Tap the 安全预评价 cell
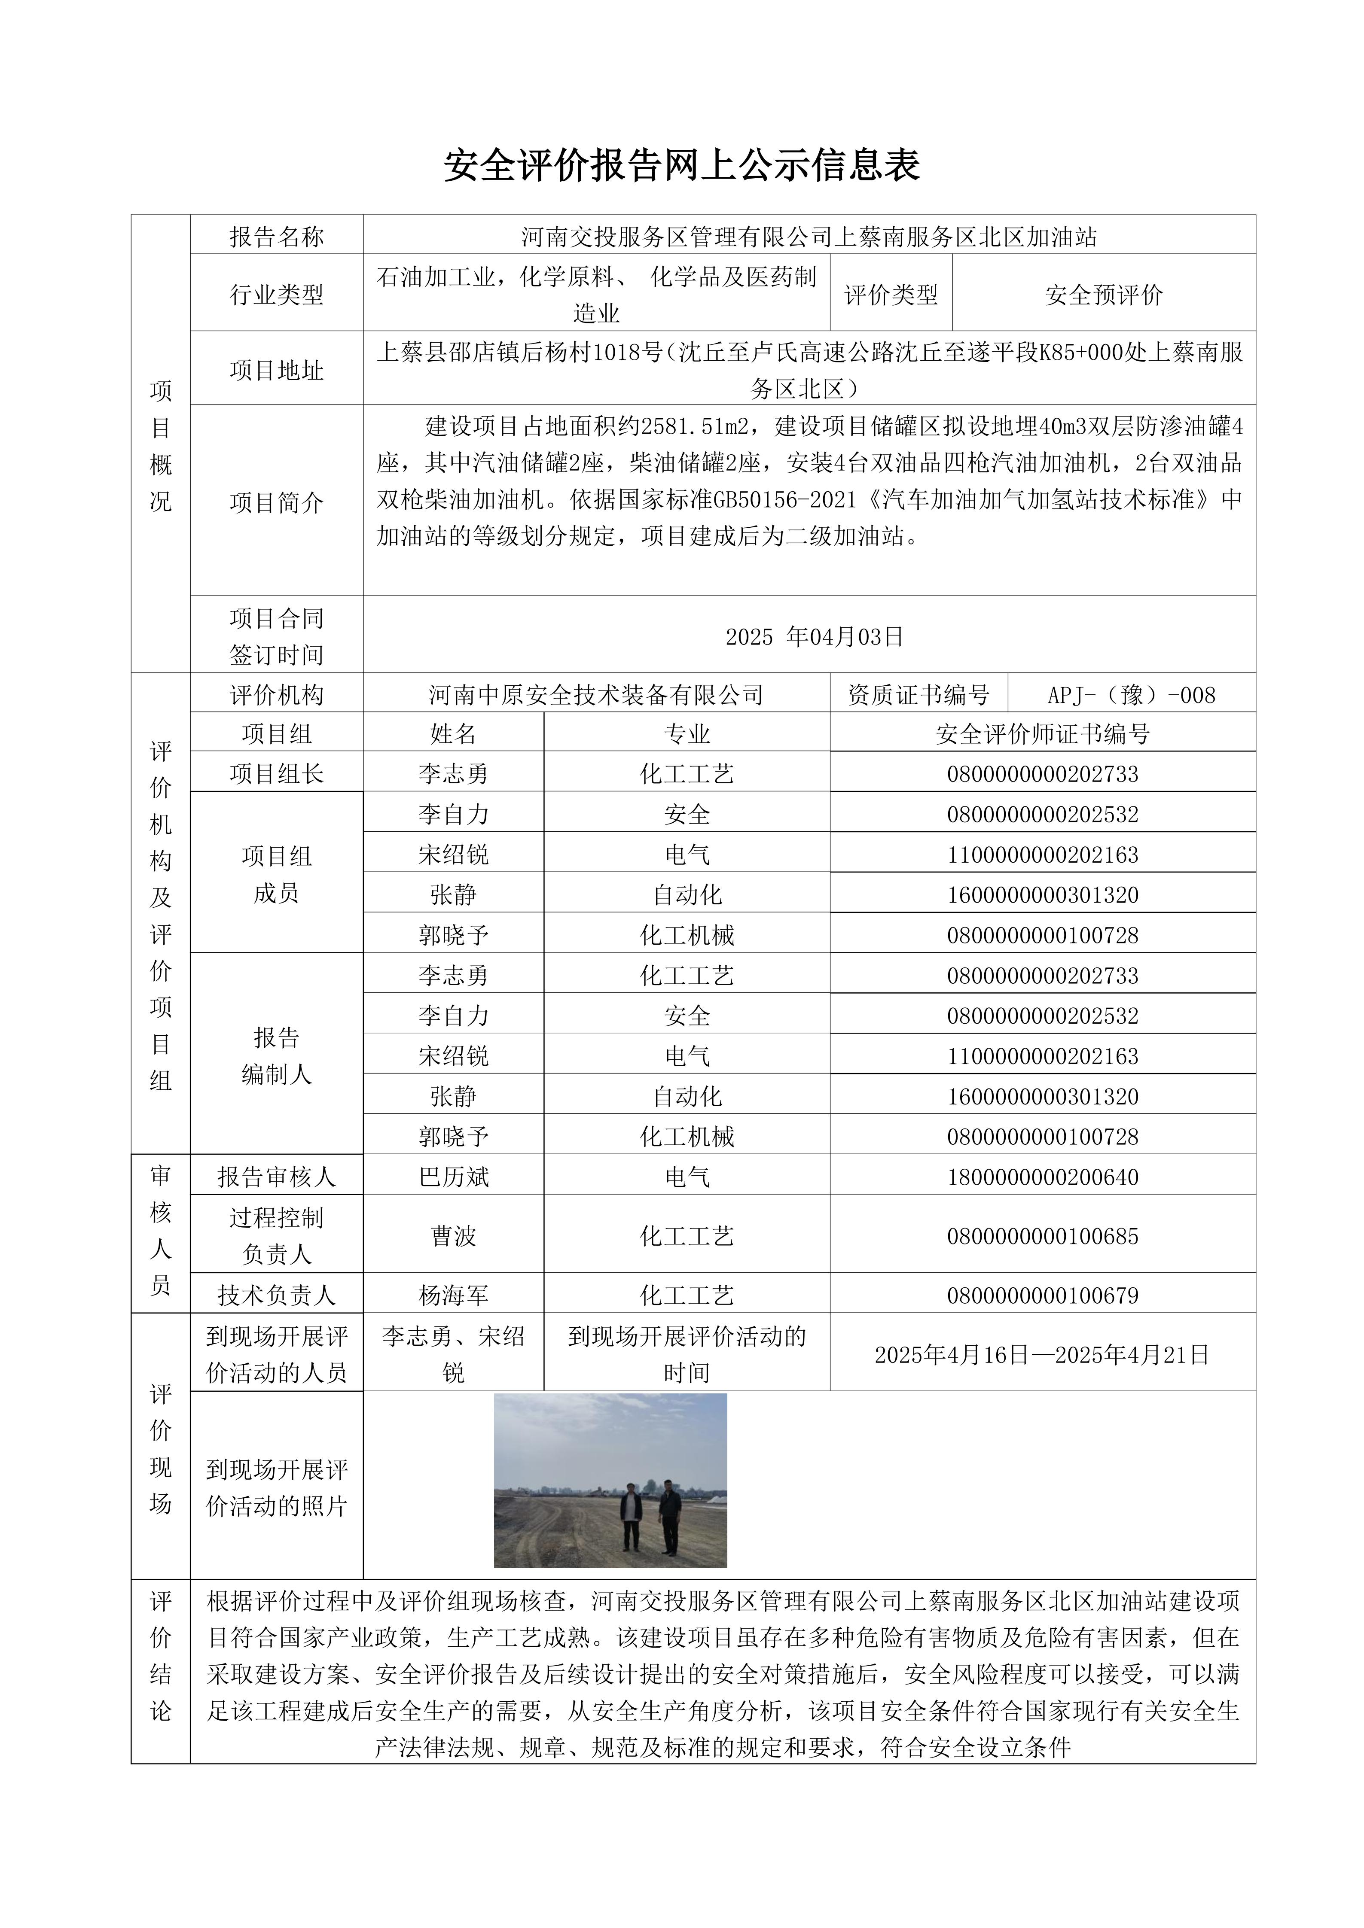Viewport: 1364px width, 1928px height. click(1104, 295)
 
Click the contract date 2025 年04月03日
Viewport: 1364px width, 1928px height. click(814, 636)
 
